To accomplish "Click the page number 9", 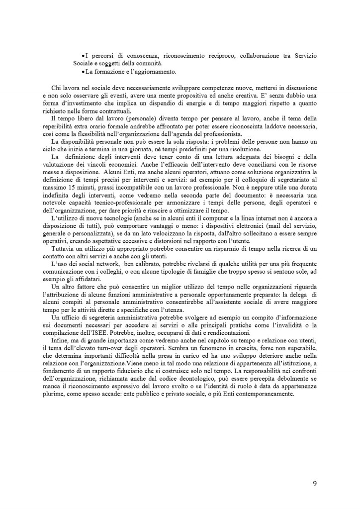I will [315, 483].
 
